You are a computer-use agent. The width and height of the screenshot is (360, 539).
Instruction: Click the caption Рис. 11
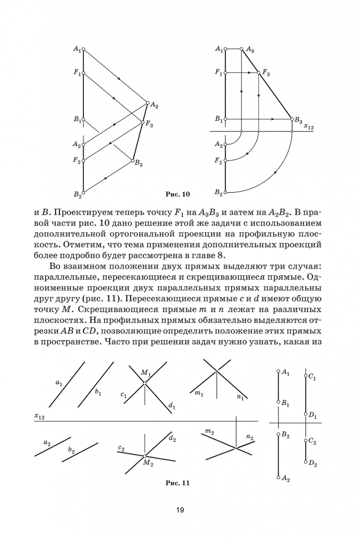click(178, 483)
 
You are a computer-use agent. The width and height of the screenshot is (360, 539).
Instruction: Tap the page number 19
click(180, 510)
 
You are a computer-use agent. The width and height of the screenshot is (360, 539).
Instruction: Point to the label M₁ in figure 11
click(145, 373)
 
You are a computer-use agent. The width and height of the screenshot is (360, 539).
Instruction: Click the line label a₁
click(59, 383)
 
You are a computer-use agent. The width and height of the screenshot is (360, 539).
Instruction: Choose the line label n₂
click(250, 438)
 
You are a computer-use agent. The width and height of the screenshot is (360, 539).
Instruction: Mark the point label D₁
click(313, 415)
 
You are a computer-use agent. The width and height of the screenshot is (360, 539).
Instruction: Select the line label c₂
click(121, 448)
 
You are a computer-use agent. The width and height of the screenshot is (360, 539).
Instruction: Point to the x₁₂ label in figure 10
click(309, 128)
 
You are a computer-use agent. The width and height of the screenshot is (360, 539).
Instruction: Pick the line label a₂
click(47, 442)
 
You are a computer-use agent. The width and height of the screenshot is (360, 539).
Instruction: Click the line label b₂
click(71, 451)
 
